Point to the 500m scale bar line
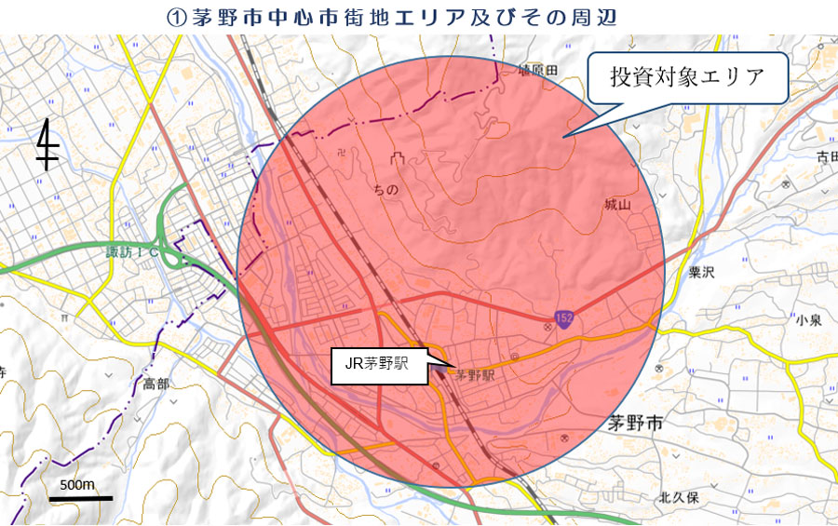tap(80, 499)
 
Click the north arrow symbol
tap(47, 145)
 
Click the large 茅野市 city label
tap(634, 423)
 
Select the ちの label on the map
tap(385, 190)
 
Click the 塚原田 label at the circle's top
tap(537, 71)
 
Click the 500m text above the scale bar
tap(77, 485)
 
